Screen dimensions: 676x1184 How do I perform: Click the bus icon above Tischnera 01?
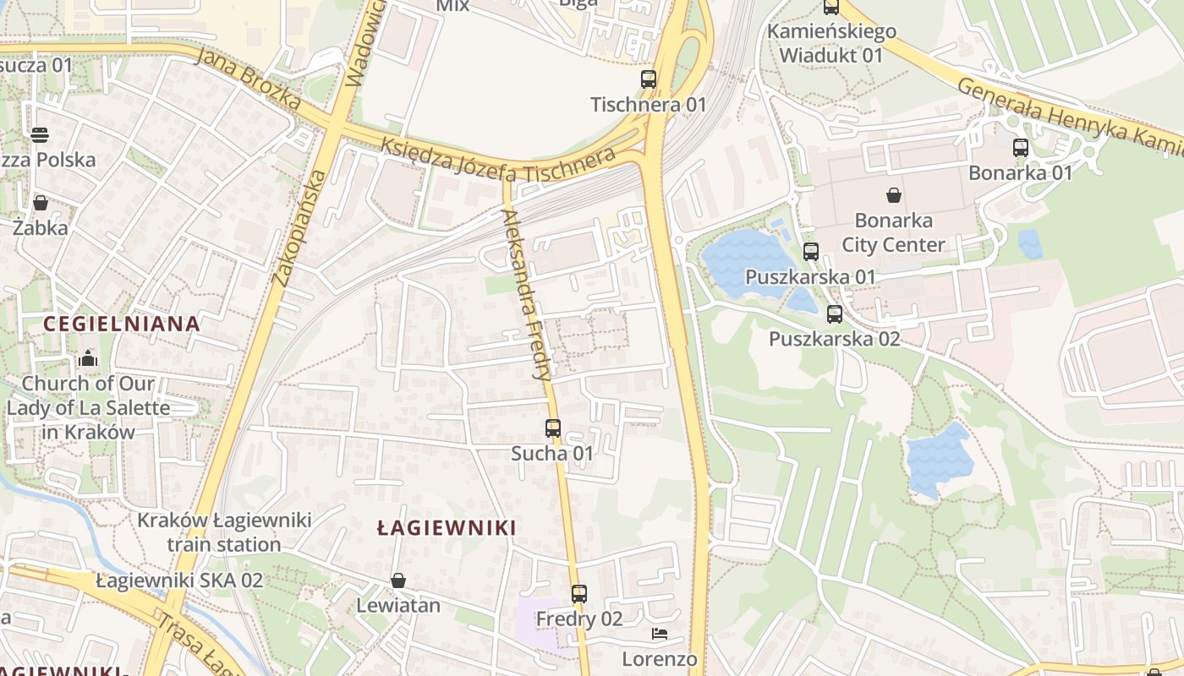[x=649, y=79]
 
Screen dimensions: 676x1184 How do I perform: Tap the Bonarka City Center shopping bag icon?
[x=894, y=196]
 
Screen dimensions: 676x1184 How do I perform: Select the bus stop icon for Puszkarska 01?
[x=811, y=251]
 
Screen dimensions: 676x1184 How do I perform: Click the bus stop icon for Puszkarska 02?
[x=835, y=314]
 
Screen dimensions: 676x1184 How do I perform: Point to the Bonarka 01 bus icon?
[x=1021, y=148]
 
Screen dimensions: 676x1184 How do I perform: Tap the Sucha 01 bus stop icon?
[x=553, y=428]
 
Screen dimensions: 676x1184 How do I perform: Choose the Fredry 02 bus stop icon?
[x=579, y=594]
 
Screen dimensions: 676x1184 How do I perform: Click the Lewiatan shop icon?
[x=398, y=581]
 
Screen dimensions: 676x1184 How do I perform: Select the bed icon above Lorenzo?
[x=660, y=634]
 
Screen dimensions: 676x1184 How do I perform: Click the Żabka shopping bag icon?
[x=41, y=203]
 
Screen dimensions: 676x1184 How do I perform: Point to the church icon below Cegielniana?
[x=88, y=359]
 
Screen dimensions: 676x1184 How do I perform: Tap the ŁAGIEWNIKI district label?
[x=447, y=528]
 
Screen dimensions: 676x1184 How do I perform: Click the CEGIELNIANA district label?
[x=121, y=324]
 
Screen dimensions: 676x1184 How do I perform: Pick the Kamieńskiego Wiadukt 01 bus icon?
[x=831, y=8]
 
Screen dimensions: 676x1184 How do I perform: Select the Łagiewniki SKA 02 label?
[x=179, y=581]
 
